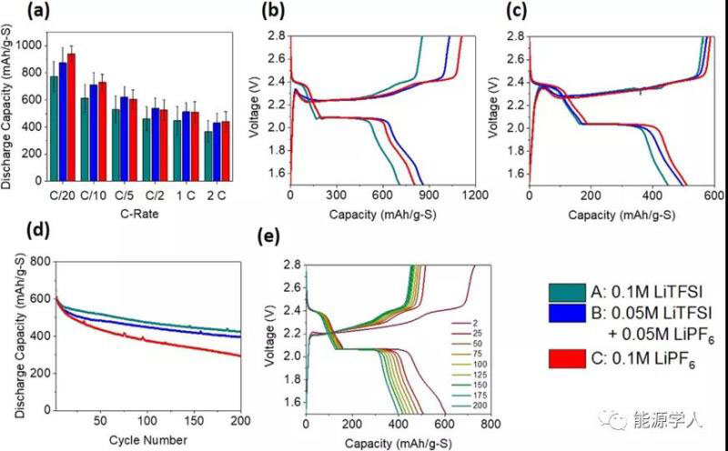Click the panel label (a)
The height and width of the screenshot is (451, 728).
click(x=15, y=12)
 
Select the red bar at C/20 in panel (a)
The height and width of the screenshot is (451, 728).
click(x=71, y=118)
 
